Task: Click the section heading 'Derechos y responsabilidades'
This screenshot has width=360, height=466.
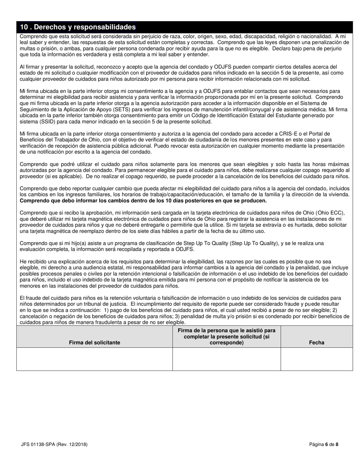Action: pyautogui.click(x=78, y=27)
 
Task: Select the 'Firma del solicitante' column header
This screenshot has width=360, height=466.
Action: pyautogui.click(x=94, y=342)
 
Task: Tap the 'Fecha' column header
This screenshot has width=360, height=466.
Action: pyautogui.click(x=316, y=342)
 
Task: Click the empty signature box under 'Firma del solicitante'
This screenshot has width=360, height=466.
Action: pyautogui.click(x=94, y=359)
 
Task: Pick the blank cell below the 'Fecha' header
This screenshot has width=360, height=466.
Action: pyautogui.click(x=316, y=359)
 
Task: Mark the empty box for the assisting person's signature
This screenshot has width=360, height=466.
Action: pyautogui.click(x=226, y=359)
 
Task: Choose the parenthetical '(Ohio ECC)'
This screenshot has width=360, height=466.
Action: pyautogui.click(x=330, y=213)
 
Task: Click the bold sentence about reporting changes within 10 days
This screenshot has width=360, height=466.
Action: pyautogui.click(x=143, y=200)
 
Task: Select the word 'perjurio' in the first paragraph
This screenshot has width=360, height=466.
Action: pyautogui.click(x=332, y=48)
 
